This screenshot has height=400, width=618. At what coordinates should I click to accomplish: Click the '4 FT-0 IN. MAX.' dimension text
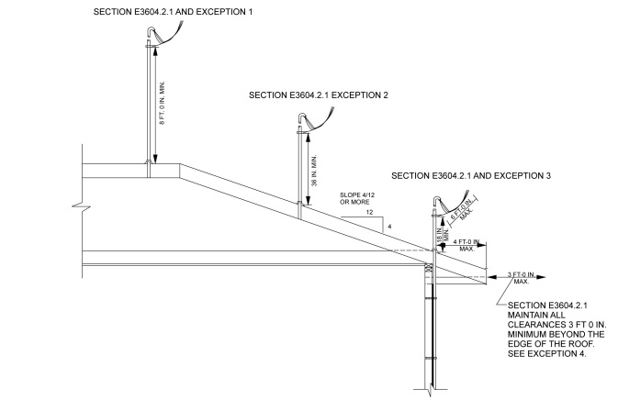pos(465,244)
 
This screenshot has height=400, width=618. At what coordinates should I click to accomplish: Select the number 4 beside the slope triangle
pos(388,226)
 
